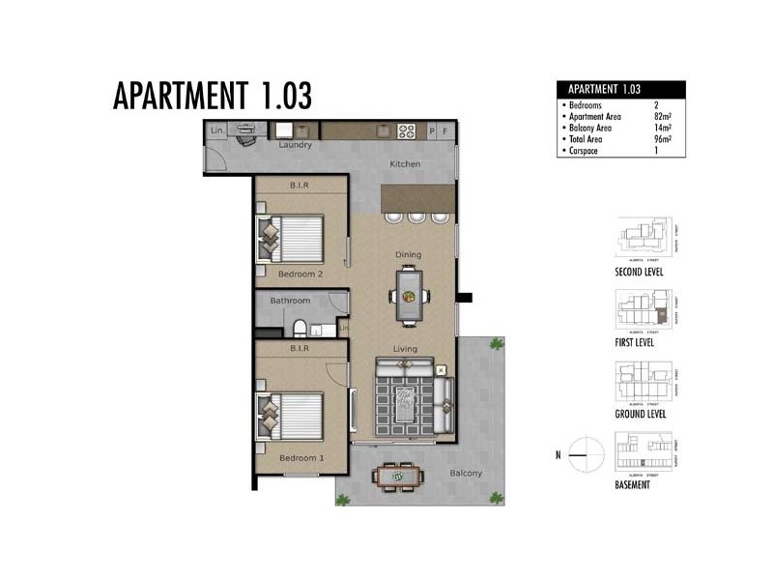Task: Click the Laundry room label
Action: pos(295,146)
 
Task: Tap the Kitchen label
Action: pos(405,164)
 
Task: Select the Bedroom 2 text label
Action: pos(301,274)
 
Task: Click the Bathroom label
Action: pos(290,301)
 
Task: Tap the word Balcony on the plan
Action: pos(465,473)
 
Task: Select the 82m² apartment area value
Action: pos(662,114)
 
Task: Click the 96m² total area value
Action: pos(662,137)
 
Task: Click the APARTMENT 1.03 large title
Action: pos(213,97)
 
